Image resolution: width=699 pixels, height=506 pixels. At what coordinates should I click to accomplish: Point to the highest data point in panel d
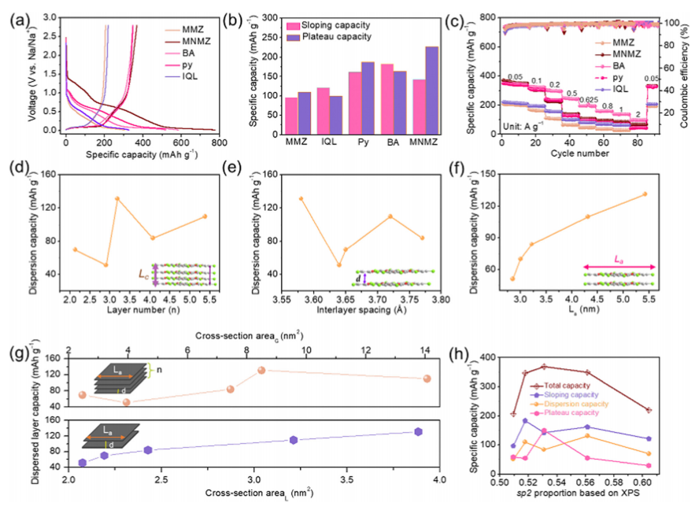coord(117,198)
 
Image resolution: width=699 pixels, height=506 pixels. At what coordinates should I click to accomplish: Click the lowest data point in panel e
coord(338,264)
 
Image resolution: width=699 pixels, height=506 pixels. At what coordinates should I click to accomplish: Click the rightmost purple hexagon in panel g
coord(418,431)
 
